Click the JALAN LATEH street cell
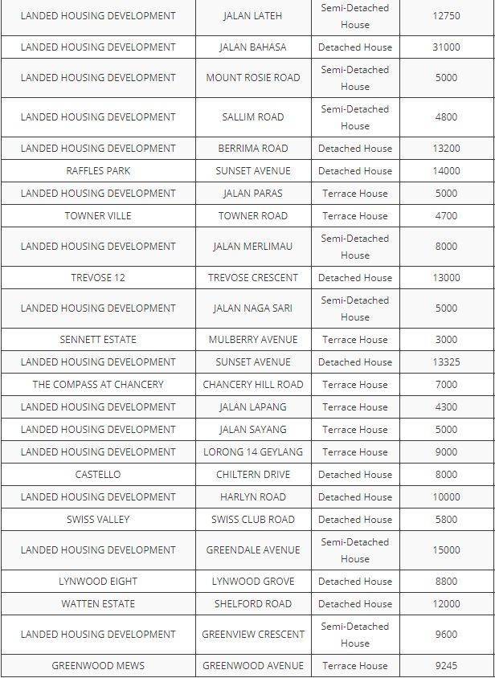252,16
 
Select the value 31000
446,47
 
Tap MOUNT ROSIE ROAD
252,78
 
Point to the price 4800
446,117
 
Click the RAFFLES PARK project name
98,171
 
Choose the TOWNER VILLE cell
98,216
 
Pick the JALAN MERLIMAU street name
252,247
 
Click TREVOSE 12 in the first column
98,278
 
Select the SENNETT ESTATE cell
98,340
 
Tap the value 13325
446,362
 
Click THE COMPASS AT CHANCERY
98,385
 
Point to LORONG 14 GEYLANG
252,452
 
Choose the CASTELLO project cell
98,475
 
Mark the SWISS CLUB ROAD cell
252,520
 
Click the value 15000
446,550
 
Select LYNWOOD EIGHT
98,582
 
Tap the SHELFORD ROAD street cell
252,604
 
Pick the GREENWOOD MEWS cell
98,666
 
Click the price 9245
446,666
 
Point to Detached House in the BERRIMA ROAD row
354,149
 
